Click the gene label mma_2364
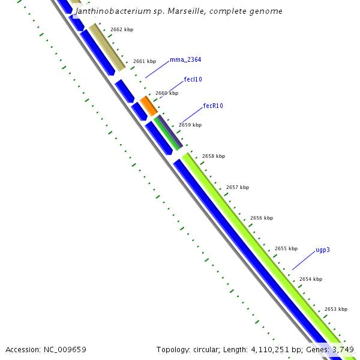pos(185,59)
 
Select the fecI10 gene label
pos(193,79)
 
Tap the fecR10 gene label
pos(213,106)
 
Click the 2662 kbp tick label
pos(122,29)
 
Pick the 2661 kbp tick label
pos(145,61)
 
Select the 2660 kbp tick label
pos(167,93)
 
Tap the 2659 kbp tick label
pos(190,125)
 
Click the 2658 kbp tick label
pos(214,156)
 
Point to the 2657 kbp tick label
pos(238,187)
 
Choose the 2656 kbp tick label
pos(262,218)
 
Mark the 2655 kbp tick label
pos(286,248)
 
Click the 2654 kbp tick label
pos(311,279)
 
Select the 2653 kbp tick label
pos(336,309)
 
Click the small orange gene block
pos(149,106)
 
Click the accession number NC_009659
pos(66,349)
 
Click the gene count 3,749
pos(343,349)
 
